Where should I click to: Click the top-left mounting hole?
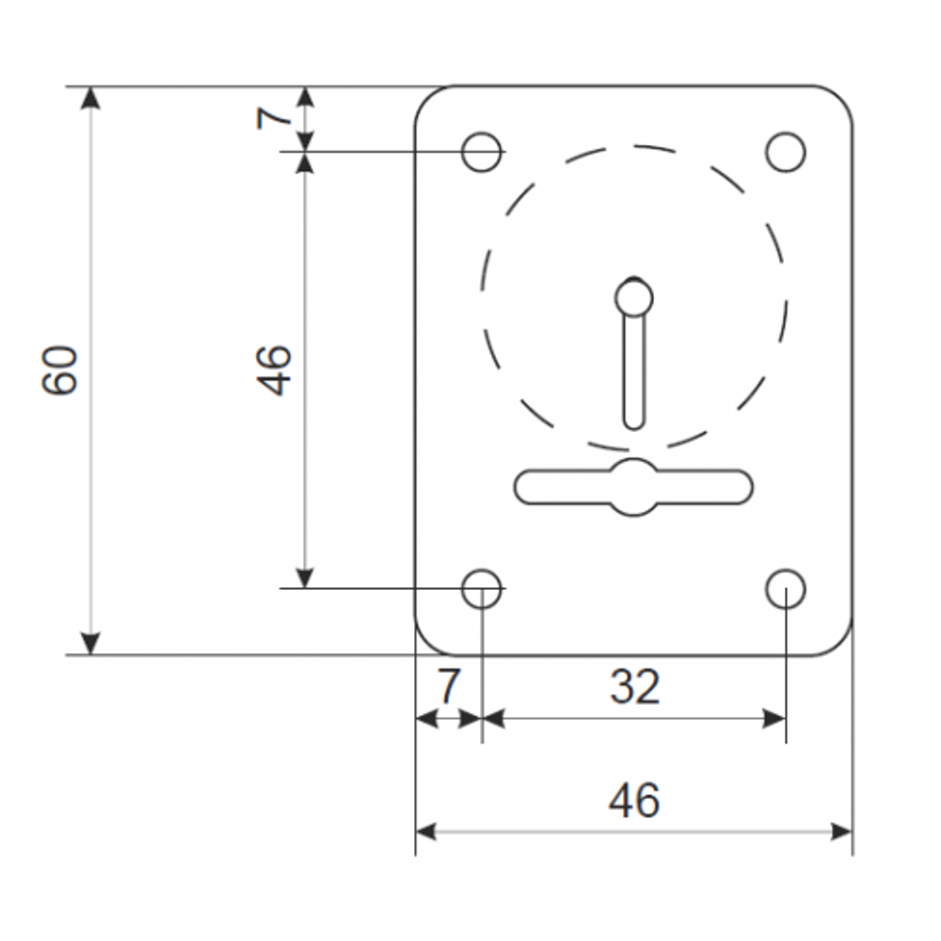click(482, 152)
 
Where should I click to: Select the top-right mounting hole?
click(786, 152)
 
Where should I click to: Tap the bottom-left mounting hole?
click(482, 588)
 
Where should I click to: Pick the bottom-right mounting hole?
click(786, 588)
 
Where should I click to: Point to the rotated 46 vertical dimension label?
click(275, 370)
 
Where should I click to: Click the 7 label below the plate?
click(448, 687)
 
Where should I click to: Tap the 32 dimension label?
click(634, 687)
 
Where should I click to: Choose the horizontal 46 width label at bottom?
click(634, 801)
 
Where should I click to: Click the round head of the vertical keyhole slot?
click(634, 297)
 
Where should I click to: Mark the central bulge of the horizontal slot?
click(634, 486)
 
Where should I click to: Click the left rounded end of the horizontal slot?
click(527, 486)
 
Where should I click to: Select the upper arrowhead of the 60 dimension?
click(90, 98)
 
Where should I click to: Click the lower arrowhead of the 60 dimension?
click(90, 643)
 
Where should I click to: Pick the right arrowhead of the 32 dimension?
click(774, 720)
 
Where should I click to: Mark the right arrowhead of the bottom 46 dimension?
click(840, 832)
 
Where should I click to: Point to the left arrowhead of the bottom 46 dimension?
click(427, 832)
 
